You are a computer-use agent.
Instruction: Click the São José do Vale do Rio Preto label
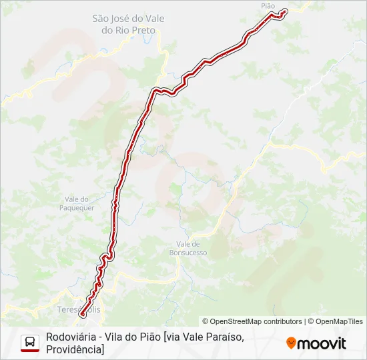click(x=128, y=25)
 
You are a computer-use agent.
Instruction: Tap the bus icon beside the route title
click(x=30, y=343)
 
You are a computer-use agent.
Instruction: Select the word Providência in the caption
click(x=74, y=349)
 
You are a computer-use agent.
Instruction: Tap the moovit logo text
click(x=322, y=343)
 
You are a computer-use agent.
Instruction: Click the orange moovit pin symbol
click(x=291, y=343)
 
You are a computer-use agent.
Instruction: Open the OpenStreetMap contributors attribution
click(x=252, y=321)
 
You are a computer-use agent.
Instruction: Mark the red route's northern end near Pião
click(x=285, y=11)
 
